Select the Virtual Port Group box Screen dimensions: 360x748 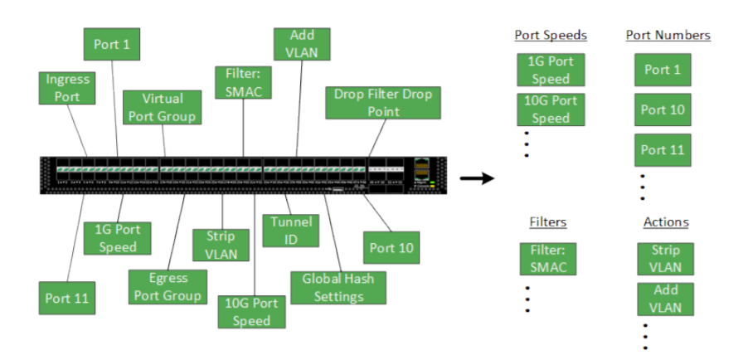tap(163, 108)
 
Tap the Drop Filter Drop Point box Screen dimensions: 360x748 tap(383, 102)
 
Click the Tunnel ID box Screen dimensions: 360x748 tap(291, 231)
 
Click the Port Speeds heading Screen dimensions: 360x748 tap(551, 36)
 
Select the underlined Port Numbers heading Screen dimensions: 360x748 tap(668, 36)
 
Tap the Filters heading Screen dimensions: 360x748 tap(549, 222)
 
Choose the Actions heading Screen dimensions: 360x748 tap(666, 222)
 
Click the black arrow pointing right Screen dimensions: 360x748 tap(477, 178)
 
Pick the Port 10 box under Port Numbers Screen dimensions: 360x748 tap(663, 109)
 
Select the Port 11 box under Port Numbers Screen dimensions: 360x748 tap(663, 150)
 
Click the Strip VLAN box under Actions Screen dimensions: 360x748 tap(665, 258)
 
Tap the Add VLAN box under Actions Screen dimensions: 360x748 tap(665, 299)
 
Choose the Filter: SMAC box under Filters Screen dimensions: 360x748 tap(547, 259)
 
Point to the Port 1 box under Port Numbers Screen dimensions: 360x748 tap(663, 70)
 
